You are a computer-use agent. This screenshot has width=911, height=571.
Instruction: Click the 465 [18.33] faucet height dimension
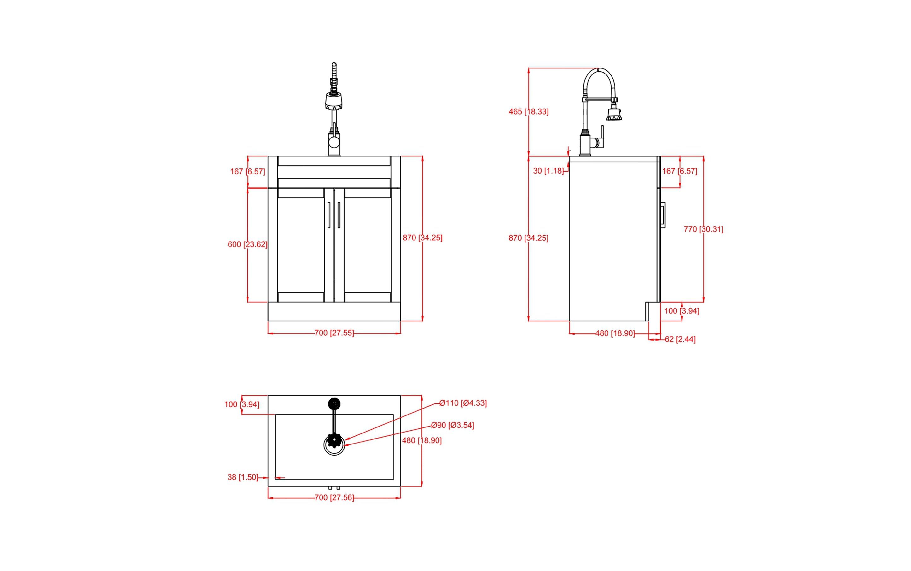pyautogui.click(x=528, y=111)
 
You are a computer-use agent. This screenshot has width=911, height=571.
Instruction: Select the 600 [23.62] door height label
pyautogui.click(x=247, y=244)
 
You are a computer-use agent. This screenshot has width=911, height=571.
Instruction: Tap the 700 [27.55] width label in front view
pyautogui.click(x=334, y=333)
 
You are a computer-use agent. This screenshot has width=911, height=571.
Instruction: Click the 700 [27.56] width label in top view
pyautogui.click(x=334, y=498)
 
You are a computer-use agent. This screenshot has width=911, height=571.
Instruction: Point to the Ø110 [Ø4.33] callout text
pyautogui.click(x=463, y=403)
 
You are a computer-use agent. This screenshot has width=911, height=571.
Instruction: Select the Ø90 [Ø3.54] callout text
pyautogui.click(x=452, y=425)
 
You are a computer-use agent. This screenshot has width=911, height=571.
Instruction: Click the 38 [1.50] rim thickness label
pyautogui.click(x=243, y=477)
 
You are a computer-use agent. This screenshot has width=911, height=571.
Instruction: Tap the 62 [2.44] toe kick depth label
pyautogui.click(x=680, y=339)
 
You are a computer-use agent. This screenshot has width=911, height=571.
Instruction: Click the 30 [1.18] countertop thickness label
pyautogui.click(x=548, y=171)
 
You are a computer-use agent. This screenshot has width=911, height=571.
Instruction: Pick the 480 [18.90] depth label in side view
pyautogui.click(x=615, y=333)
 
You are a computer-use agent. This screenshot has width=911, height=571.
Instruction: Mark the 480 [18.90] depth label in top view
pyautogui.click(x=421, y=440)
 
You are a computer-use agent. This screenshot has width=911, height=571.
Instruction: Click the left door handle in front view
pyautogui.click(x=329, y=215)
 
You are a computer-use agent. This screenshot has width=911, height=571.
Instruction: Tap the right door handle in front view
pyautogui.click(x=339, y=215)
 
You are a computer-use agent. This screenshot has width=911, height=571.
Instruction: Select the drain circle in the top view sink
pyautogui.click(x=334, y=445)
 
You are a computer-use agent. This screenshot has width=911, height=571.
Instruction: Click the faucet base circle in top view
pyautogui.click(x=334, y=404)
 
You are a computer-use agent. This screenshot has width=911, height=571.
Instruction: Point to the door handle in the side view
pyautogui.click(x=663, y=215)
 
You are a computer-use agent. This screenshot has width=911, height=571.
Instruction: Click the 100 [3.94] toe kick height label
pyautogui.click(x=682, y=311)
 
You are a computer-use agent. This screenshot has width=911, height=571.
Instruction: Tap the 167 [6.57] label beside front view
pyautogui.click(x=247, y=171)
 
